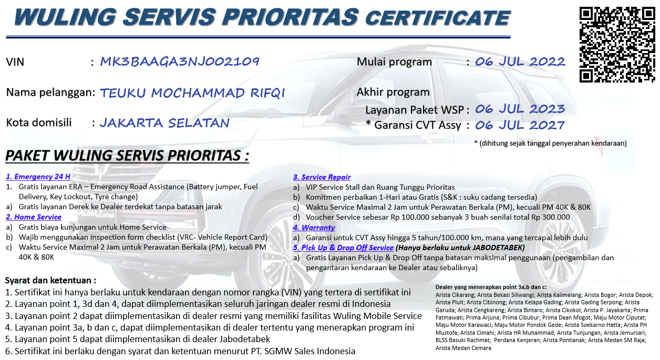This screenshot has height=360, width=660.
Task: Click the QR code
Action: pyautogui.click(x=617, y=45)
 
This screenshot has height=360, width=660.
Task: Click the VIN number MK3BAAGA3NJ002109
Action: pyautogui.click(x=180, y=61)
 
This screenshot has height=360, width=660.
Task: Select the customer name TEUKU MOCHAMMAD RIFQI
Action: pyautogui.click(x=192, y=93)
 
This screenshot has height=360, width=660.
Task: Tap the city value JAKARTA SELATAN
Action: pyautogui.click(x=164, y=123)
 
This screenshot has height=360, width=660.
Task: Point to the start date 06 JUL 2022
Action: pyautogui.click(x=520, y=61)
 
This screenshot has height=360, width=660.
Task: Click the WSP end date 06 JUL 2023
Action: pyautogui.click(x=520, y=109)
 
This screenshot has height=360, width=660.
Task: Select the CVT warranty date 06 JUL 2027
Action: pyautogui.click(x=520, y=125)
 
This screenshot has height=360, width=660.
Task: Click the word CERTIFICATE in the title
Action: pyautogui.click(x=437, y=18)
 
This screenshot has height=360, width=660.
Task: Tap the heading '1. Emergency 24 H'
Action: pyautogui.click(x=38, y=177)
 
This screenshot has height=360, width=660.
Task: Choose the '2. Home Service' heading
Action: pyautogui.click(x=34, y=217)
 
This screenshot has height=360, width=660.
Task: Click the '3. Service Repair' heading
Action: pyautogui.click(x=322, y=177)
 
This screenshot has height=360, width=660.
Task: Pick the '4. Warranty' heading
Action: pyautogui.click(x=314, y=228)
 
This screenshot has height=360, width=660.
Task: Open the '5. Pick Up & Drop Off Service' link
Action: pyautogui.click(x=343, y=248)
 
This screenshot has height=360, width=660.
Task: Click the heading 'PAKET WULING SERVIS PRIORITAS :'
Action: pyautogui.click(x=127, y=156)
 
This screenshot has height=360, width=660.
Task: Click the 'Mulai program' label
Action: pyautogui.click(x=394, y=62)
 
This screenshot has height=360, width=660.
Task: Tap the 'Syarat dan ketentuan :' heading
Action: pyautogui.click(x=50, y=281)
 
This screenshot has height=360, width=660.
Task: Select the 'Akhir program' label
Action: pyautogui.click(x=393, y=92)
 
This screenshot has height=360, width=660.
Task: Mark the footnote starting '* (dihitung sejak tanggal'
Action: pyautogui.click(x=550, y=143)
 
